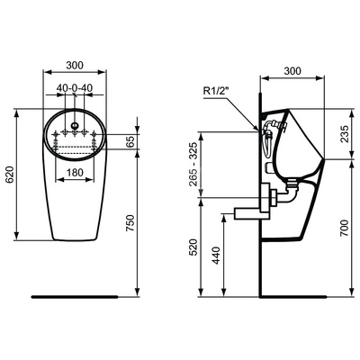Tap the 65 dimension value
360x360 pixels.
pos(131,142)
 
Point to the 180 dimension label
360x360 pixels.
pos(76,172)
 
